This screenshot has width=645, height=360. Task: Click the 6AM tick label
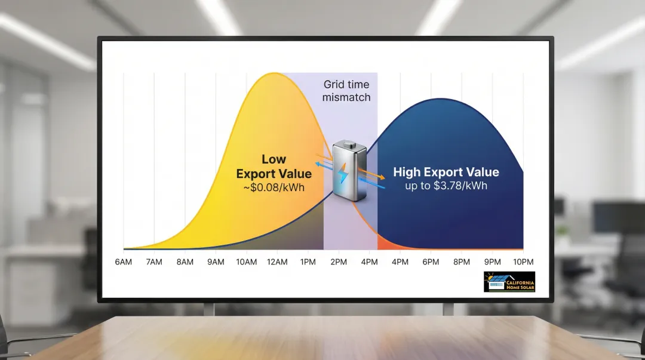[124, 262]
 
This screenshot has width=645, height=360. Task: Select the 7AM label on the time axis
[154, 262]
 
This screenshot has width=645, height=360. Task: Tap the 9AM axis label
[216, 262]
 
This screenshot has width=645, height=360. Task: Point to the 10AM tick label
[247, 262]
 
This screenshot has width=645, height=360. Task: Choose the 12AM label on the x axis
[277, 262]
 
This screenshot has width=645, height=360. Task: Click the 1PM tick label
[308, 262]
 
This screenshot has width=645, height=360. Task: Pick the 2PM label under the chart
[339, 262]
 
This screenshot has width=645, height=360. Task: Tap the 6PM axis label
[431, 262]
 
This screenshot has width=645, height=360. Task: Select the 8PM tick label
[462, 262]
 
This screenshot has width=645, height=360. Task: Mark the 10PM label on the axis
[523, 262]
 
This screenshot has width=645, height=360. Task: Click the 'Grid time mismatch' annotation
[346, 91]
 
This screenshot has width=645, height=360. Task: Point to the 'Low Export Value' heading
[274, 167]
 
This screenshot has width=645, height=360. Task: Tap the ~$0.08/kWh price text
[274, 187]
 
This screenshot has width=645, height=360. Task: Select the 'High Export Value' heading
[446, 172]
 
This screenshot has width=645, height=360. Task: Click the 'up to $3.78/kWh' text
[446, 186]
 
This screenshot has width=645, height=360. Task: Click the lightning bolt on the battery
[342, 173]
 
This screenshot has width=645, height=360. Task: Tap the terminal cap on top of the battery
[349, 144]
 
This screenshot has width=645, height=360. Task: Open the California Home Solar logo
[509, 282]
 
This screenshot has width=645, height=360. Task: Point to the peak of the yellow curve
[273, 73]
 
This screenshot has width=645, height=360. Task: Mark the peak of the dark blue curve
[441, 99]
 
